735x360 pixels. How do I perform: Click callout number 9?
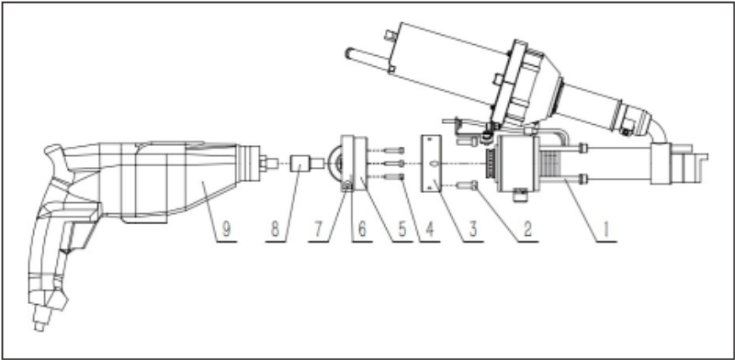click(226, 230)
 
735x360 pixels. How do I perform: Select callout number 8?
click(275, 230)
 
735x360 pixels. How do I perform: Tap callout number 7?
click(318, 230)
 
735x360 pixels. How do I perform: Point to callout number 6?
click(362, 230)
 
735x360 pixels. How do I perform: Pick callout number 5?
click(402, 230)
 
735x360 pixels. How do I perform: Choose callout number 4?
click(430, 230)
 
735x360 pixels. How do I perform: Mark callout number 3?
click(473, 230)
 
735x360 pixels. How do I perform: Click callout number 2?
click(528, 230)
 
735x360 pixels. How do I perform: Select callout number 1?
click(606, 230)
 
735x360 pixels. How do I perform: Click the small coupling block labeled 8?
click(299, 163)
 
